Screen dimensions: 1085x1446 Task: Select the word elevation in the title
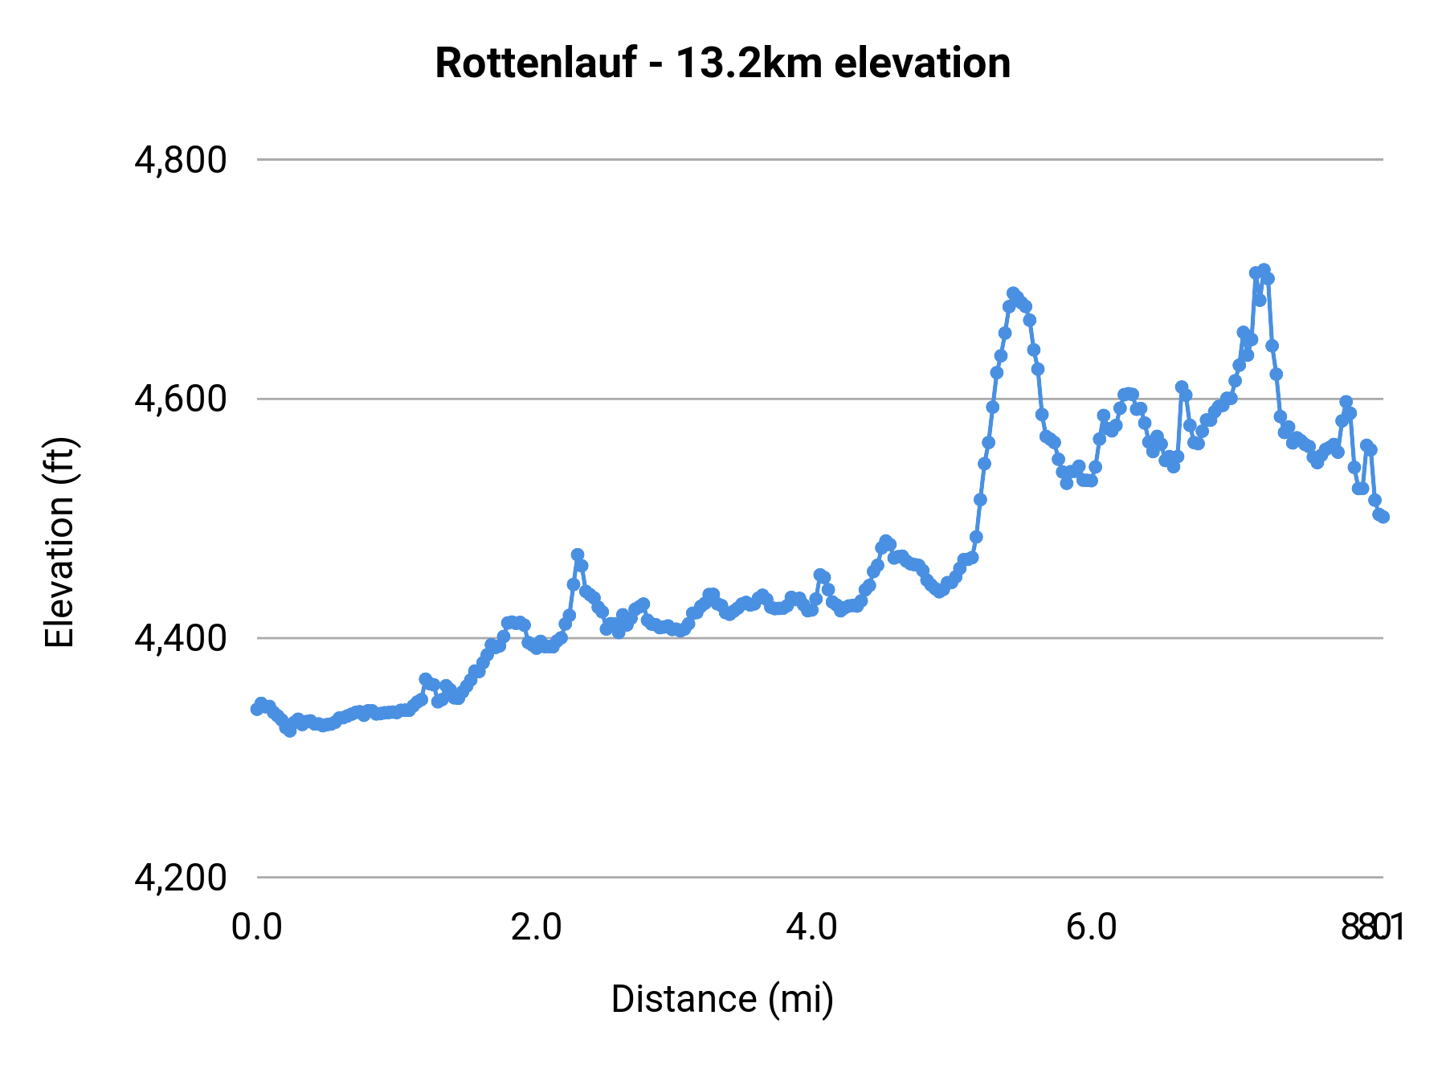tap(922, 63)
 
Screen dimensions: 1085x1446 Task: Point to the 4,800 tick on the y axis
tap(181, 160)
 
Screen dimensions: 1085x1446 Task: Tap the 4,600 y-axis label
tap(181, 399)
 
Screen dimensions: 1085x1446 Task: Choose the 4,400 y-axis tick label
tap(181, 638)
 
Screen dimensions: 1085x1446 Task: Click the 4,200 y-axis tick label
tap(181, 878)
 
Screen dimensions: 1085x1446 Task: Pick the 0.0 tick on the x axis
tap(257, 927)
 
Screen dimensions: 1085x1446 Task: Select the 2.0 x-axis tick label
tap(537, 927)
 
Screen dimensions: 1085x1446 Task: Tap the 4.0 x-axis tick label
tap(812, 927)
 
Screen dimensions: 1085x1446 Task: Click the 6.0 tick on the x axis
tap(1092, 927)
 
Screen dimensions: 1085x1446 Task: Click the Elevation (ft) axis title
tap(59, 542)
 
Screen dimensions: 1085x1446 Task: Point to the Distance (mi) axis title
tap(722, 999)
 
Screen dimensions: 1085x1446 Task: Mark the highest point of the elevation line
tap(1264, 270)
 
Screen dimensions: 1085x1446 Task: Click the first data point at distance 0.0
tap(257, 709)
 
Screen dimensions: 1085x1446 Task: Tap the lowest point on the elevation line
tap(290, 731)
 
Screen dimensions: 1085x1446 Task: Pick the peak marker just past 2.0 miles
tap(577, 555)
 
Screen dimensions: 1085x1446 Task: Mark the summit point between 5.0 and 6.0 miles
tap(1013, 293)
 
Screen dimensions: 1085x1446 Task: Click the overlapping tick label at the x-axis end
tap(1372, 927)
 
